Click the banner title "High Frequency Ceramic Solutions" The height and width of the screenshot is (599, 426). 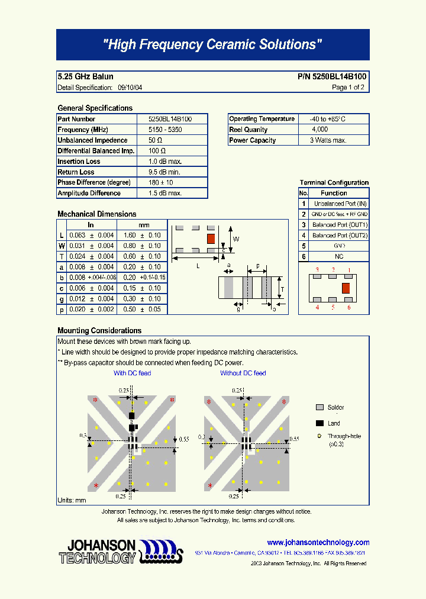coord(212,45)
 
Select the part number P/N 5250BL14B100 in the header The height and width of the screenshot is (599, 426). coord(331,77)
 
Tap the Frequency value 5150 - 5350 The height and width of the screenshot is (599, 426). coord(165,130)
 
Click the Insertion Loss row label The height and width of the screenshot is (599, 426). coord(79,162)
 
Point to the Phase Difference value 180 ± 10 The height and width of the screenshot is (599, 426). coord(161,183)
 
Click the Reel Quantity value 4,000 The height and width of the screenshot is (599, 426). coord(320,130)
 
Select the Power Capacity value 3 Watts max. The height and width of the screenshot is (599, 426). coord(328,140)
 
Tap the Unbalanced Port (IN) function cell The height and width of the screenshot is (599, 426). coord(340,204)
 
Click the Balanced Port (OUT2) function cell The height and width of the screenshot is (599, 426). coord(340,236)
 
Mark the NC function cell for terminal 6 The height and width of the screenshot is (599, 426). coord(339,257)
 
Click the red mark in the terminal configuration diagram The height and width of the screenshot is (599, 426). coord(345,288)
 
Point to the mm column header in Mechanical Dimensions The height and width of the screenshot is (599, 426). coord(144,225)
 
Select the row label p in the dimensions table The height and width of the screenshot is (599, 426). coord(62,310)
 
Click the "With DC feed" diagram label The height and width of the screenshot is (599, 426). coord(132,373)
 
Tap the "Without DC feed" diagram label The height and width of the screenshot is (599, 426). coord(243,373)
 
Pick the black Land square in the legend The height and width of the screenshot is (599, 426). coord(319,423)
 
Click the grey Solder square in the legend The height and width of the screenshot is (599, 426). coord(319,408)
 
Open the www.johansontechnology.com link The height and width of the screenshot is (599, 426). coord(318,543)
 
